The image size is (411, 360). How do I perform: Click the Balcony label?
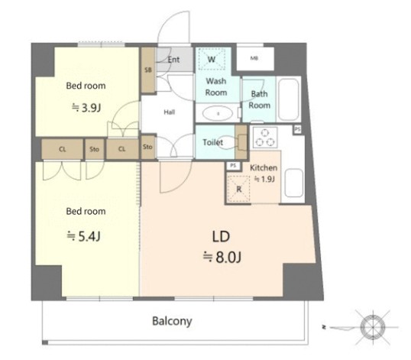tap(172, 321)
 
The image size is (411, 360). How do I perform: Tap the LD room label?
tap(221, 236)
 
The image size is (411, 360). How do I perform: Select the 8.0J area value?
tap(222, 258)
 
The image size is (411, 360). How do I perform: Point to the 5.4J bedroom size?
tap(83, 236)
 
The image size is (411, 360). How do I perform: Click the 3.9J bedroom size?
tap(86, 108)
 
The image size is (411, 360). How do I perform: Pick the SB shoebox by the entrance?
tap(148, 70)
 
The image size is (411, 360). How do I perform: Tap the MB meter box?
tap(255, 58)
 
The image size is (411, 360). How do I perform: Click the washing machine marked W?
tap(212, 59)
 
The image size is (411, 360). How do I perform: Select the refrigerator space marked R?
tap(238, 189)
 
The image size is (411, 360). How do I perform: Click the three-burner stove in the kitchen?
tap(265, 137)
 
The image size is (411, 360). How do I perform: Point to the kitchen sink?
tap(294, 183)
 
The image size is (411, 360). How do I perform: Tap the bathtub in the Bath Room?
tap(288, 99)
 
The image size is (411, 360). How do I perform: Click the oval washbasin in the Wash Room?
tap(218, 114)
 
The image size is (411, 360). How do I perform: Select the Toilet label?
tap(212, 142)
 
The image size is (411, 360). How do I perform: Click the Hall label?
tap(170, 112)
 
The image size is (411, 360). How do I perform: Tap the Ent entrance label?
tap(173, 60)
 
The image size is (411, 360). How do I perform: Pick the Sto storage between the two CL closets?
tap(95, 149)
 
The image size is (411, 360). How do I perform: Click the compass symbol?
tap(373, 327)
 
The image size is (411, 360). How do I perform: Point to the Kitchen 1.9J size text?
tap(265, 180)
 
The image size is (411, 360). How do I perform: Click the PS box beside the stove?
tap(297, 129)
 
